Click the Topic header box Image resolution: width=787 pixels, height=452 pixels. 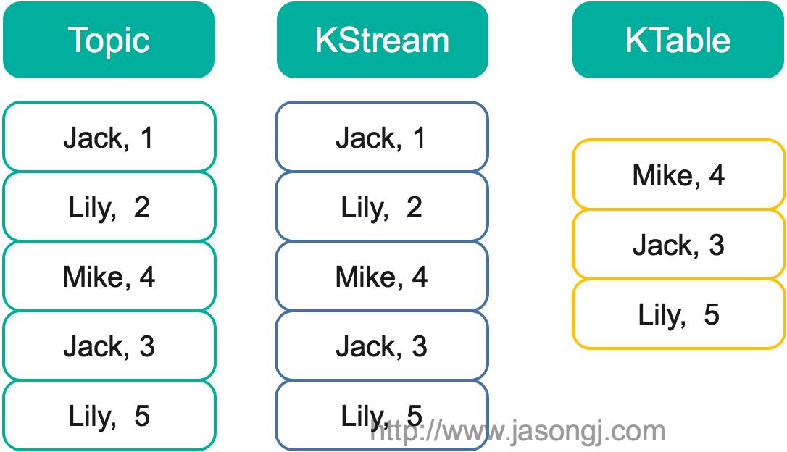click(109, 40)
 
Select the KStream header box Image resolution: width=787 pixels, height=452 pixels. click(382, 40)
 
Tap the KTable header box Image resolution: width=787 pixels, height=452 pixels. click(678, 40)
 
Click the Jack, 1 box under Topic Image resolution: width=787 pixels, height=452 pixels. click(109, 138)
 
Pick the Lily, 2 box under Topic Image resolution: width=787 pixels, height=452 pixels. click(109, 207)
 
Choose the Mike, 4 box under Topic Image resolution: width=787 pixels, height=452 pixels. click(109, 277)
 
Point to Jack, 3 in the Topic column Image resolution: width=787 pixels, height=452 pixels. click(109, 346)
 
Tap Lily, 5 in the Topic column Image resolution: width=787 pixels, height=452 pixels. click(109, 416)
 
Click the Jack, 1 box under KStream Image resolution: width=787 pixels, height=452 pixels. click(381, 138)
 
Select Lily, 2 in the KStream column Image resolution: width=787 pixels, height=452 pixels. click(381, 207)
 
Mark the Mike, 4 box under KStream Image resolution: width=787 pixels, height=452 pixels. click(381, 277)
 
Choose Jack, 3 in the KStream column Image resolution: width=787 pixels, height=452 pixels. click(381, 346)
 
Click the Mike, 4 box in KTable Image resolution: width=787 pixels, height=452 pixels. click(678, 175)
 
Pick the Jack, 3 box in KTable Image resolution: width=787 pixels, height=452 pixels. click(678, 245)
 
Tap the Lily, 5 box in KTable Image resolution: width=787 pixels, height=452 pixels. click(678, 314)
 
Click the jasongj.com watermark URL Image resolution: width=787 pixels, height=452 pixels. click(519, 432)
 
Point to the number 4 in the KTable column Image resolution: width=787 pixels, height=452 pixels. click(717, 175)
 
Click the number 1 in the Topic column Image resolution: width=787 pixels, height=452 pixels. click(147, 138)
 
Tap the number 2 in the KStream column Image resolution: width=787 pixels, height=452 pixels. click(414, 208)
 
